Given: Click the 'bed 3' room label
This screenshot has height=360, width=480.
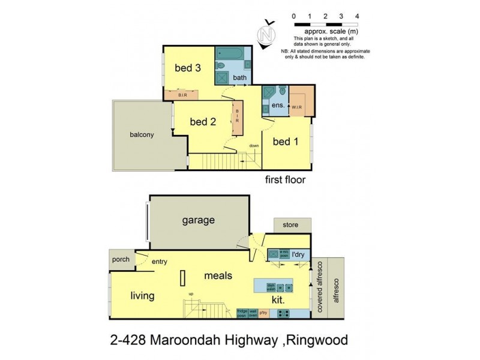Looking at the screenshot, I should coord(187,68).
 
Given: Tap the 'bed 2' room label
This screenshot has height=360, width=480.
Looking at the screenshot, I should coord(202,122).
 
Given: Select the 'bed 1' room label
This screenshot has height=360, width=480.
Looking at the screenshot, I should coord(286,142).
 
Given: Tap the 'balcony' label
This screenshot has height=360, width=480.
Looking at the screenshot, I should coord(142,135).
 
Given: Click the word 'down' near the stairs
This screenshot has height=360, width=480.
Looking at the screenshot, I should coord(254,146).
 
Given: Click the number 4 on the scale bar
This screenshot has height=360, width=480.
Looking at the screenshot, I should coord(358,16).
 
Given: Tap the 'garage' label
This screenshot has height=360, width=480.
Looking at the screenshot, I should coord(198,220).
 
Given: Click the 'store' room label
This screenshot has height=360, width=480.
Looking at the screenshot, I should coord(290,226).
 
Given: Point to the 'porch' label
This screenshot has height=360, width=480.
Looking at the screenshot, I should coord(121,260).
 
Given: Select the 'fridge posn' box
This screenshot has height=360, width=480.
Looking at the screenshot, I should coord(242,313).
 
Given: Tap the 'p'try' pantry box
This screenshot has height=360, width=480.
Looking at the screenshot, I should coord(263,313).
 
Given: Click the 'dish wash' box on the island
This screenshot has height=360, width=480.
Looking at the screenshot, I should coord(271,286).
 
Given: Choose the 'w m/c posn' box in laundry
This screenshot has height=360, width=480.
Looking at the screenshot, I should coord(284,253).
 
